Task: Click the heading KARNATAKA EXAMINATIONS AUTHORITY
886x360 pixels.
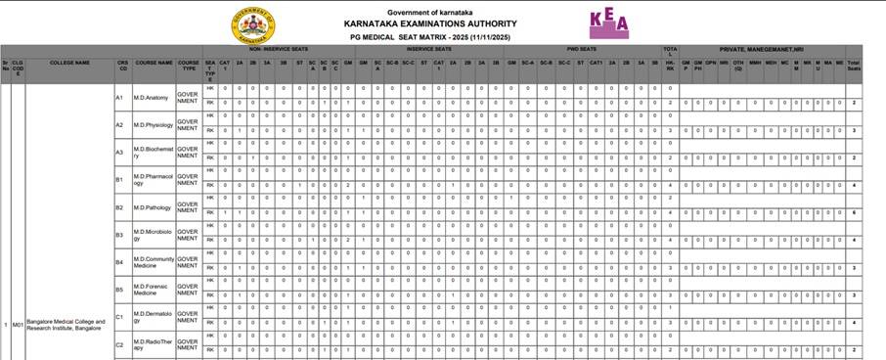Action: [x=431, y=23]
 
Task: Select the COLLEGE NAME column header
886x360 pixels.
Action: [x=69, y=62]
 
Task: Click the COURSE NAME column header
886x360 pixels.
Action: [x=154, y=62]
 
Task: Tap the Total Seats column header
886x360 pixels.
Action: [x=855, y=65]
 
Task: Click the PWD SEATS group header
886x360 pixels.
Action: [x=582, y=48]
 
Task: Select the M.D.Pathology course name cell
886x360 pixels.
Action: [x=153, y=207]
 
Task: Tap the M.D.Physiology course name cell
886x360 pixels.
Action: [x=154, y=124]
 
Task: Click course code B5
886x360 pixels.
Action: [x=119, y=290]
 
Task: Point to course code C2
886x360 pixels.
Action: [x=119, y=344]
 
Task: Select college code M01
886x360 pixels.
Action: [x=18, y=324]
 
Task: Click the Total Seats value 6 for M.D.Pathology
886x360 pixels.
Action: [x=855, y=212]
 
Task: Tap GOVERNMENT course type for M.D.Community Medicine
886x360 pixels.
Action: [x=187, y=262]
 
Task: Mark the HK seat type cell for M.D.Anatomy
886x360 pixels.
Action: [x=210, y=89]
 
